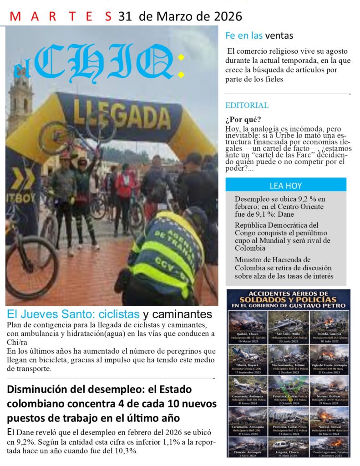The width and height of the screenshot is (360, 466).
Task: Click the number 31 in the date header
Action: click(x=124, y=17)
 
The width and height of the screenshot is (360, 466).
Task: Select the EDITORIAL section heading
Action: click(x=247, y=106)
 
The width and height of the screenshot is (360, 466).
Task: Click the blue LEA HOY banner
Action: click(x=285, y=186)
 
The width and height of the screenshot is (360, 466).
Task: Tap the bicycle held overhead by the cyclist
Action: click(x=75, y=133)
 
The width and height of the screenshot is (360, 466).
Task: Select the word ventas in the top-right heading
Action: click(x=279, y=35)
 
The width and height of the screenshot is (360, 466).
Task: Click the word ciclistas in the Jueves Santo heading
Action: click(x=119, y=314)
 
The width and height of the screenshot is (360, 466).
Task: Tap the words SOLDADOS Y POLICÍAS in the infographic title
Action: click(x=288, y=300)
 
